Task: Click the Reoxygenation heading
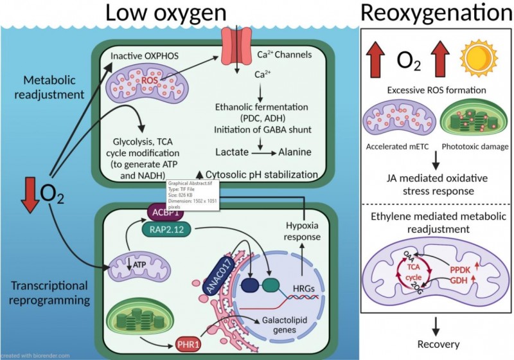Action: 437,14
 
